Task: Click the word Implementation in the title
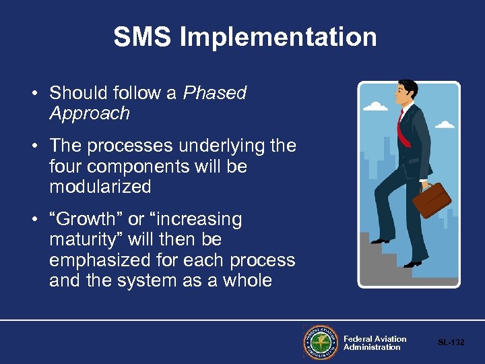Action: [x=278, y=37]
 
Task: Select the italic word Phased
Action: [x=216, y=93]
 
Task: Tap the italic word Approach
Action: [x=89, y=113]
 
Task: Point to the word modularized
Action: [x=100, y=186]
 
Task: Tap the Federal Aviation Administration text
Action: [x=375, y=343]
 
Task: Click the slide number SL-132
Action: [x=451, y=342]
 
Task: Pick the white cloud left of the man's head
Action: [x=375, y=106]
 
